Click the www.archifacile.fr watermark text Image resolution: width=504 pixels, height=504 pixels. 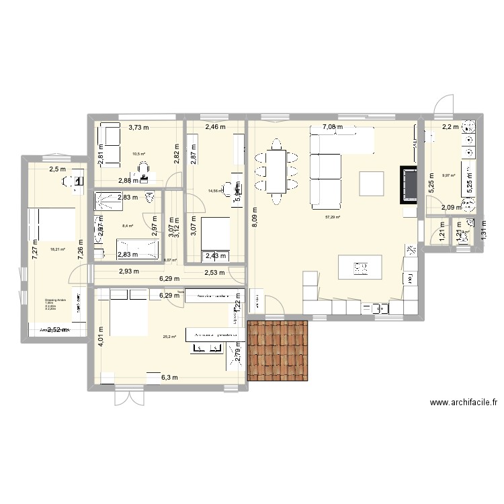[464, 403]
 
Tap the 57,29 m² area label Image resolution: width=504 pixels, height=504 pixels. [333, 217]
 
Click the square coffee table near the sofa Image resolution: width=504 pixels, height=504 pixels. [371, 183]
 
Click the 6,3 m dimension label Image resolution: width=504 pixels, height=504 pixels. [169, 378]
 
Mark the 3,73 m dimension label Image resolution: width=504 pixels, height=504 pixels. [138, 126]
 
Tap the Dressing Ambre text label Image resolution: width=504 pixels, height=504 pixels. [54, 300]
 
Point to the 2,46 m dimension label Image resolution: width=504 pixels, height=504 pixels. [215, 126]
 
